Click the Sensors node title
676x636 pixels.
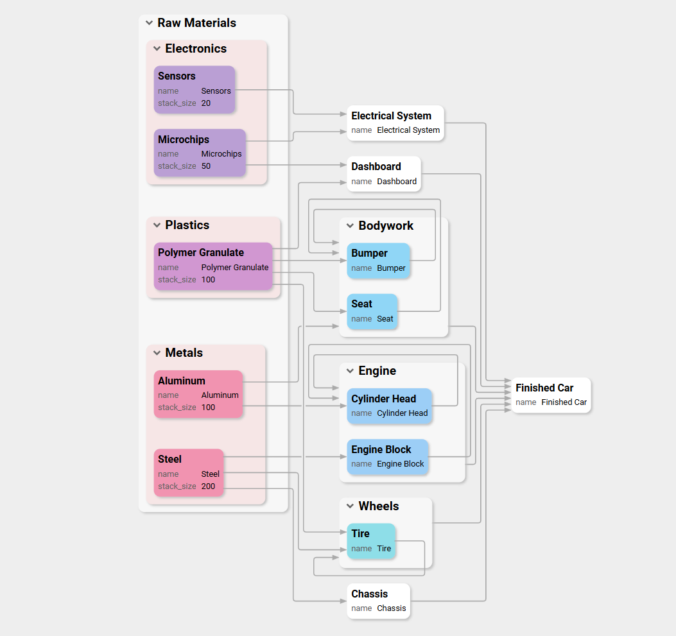tap(177, 76)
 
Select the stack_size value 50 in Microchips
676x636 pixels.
tap(206, 166)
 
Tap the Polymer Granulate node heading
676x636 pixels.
tap(201, 252)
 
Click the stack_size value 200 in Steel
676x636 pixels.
tap(208, 486)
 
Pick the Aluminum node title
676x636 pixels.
tap(182, 381)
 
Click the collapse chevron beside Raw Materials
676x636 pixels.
tap(149, 23)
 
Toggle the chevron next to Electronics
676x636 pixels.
tap(157, 49)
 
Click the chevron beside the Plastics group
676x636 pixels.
tap(157, 225)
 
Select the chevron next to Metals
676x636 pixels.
tap(157, 353)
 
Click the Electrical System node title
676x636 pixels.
tap(391, 116)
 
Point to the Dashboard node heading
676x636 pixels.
tap(376, 166)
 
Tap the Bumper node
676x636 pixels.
tap(378, 260)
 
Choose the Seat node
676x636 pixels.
tap(372, 311)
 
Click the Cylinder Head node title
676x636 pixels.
tap(383, 399)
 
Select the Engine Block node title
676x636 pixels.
tap(381, 449)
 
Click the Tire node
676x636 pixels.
tap(371, 540)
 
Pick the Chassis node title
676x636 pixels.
tap(370, 594)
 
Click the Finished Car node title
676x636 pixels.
tap(544, 388)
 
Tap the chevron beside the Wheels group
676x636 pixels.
tap(350, 506)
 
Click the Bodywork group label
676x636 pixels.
tap(386, 226)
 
